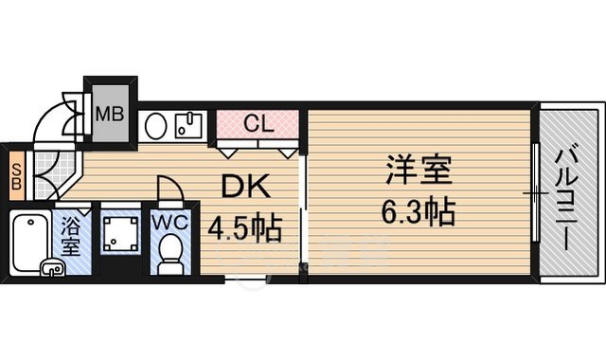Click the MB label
point(110,117)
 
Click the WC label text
point(171,225)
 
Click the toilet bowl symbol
point(171,253)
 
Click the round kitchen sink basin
point(156,125)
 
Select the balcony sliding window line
point(536,193)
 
